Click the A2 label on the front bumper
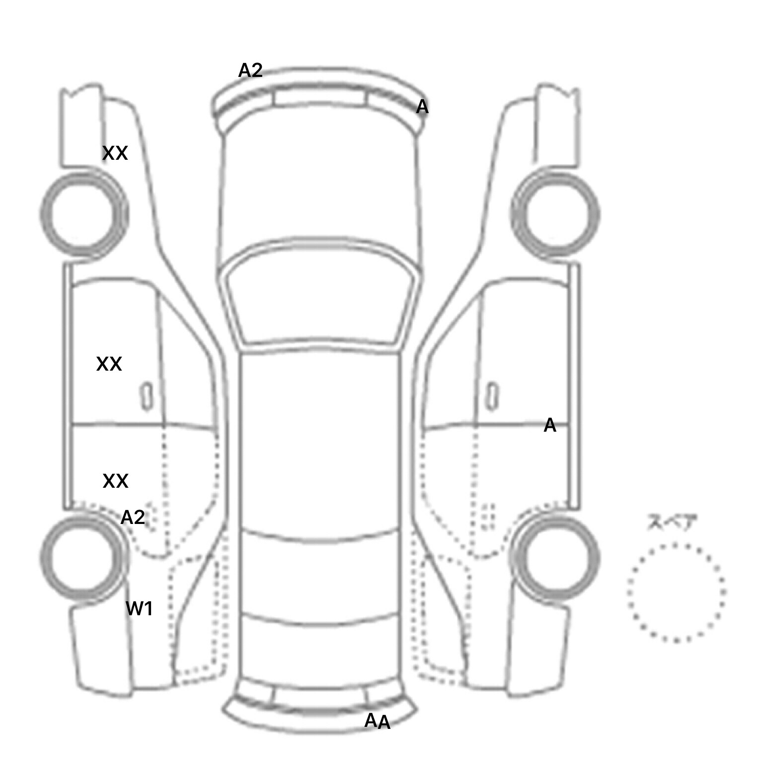250,70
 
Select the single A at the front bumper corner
422,107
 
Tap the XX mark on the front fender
115,153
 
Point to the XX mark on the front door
109,364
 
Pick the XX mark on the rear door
115,481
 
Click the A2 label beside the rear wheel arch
133,518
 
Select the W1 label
139,608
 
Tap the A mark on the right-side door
550,425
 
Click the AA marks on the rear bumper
378,721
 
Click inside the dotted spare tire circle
676,592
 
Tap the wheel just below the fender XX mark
83,214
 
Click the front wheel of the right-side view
555,214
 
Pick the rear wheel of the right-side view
555,557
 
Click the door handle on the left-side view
146,396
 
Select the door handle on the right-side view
492,396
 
